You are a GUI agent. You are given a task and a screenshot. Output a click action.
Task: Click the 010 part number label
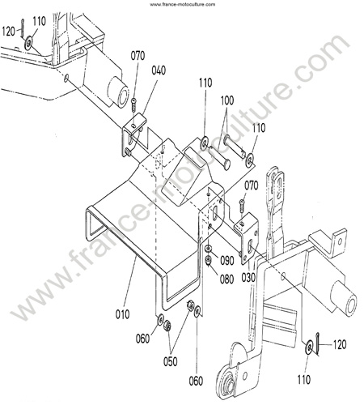pyautogui.click(x=122, y=314)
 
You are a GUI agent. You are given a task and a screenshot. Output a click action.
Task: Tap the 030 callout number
pyautogui.click(x=248, y=278)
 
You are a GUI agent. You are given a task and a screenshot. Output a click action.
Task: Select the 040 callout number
pyautogui.click(x=159, y=70)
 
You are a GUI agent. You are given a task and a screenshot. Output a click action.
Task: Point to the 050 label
pyautogui.click(x=171, y=361)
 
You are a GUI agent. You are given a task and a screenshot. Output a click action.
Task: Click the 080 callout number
pyautogui.click(x=226, y=279)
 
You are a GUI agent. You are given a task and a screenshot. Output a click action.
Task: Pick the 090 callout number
pyautogui.click(x=227, y=261)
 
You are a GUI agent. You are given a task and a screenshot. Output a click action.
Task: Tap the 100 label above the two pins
pyautogui.click(x=227, y=100)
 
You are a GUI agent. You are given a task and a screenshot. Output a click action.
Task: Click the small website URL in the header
pyautogui.click(x=183, y=4)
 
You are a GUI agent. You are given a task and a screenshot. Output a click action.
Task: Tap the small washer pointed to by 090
pyautogui.click(x=208, y=248)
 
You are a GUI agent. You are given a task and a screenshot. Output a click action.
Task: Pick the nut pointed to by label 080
pyautogui.click(x=208, y=260)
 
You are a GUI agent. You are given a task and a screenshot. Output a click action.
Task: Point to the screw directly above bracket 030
pyautogui.click(x=242, y=206)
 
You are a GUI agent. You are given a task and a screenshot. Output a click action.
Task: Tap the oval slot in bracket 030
pyautogui.click(x=251, y=246)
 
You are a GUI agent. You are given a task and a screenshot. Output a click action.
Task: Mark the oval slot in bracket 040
pyautogui.click(x=131, y=139)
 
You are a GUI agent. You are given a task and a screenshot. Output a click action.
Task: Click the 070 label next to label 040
pyautogui.click(x=138, y=56)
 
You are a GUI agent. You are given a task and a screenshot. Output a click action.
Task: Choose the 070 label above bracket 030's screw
pyautogui.click(x=252, y=185)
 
